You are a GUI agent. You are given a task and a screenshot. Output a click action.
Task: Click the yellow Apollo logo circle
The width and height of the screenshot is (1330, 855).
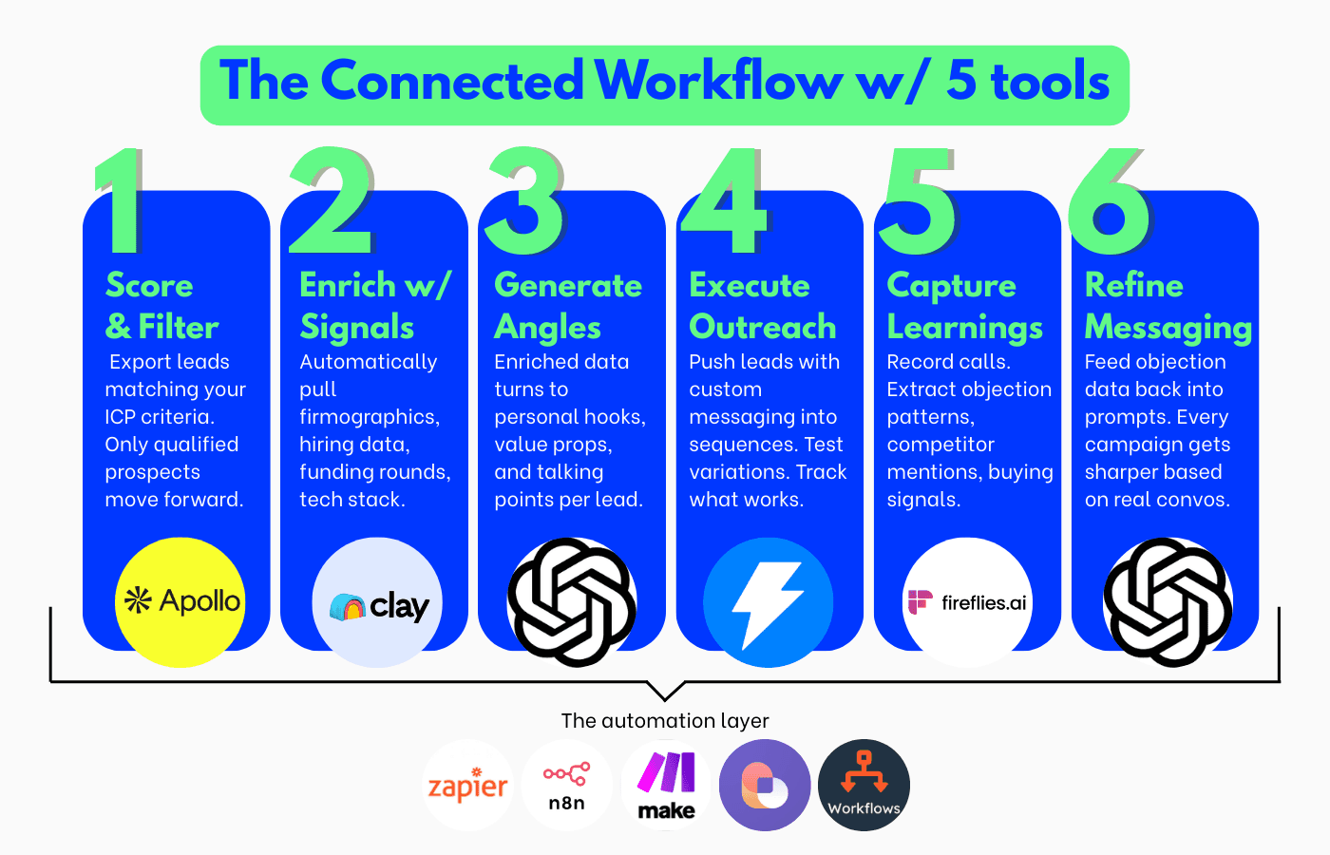(x=180, y=602)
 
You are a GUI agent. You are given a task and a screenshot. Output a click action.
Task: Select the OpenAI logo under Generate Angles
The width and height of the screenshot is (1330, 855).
(x=572, y=602)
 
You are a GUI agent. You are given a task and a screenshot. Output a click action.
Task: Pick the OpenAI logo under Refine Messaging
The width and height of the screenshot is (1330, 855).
(x=1168, y=602)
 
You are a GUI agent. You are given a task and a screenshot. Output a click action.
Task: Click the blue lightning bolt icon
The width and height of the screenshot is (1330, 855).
(x=768, y=602)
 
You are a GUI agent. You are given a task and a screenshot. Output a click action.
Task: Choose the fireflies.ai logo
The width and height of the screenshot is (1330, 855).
(x=967, y=602)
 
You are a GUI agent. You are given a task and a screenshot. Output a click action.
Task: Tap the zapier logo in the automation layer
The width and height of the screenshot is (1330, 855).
(x=467, y=786)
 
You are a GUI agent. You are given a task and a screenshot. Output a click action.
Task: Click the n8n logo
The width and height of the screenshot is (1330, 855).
(x=567, y=786)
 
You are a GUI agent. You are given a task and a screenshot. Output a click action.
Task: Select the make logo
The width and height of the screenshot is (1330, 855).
(x=666, y=786)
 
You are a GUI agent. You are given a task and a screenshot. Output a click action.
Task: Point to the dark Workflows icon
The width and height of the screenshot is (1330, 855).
(x=864, y=786)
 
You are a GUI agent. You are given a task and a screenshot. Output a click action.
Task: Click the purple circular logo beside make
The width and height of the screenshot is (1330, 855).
(x=765, y=786)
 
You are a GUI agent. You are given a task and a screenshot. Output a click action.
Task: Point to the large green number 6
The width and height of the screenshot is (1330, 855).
(x=1110, y=201)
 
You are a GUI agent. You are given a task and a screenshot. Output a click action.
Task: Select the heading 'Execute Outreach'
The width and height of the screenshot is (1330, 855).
(x=763, y=306)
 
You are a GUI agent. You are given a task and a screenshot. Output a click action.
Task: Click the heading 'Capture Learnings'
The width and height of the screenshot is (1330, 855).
(x=964, y=306)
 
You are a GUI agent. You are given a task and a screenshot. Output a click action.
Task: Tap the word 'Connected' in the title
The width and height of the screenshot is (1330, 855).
(x=452, y=81)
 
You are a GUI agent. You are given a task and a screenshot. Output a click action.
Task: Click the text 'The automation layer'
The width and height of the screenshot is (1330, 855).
(x=665, y=720)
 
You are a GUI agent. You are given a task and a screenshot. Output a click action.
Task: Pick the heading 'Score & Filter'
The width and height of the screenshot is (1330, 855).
(x=161, y=306)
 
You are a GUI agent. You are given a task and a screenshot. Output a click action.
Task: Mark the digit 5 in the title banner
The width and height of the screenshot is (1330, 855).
(x=961, y=81)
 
